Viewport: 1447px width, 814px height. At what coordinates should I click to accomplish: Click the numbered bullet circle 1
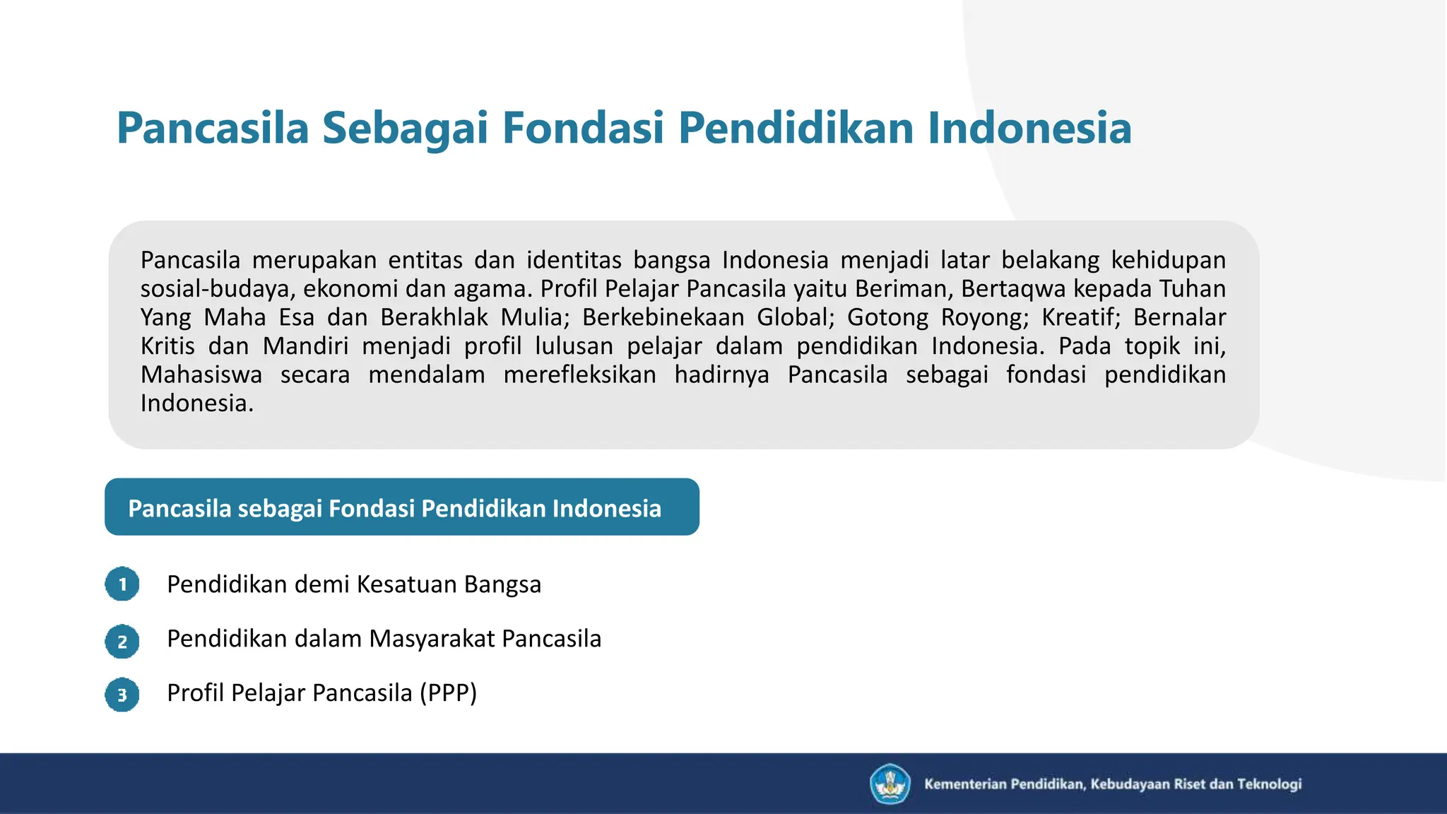click(x=122, y=584)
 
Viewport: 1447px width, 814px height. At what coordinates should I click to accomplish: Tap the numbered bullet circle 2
click(x=122, y=642)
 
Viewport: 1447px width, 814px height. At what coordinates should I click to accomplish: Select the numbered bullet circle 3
click(x=122, y=695)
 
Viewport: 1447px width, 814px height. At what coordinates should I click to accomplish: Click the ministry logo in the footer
click(x=890, y=784)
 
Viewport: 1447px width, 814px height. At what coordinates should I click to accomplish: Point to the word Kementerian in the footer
click(x=965, y=784)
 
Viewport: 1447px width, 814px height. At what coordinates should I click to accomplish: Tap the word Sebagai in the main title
click(x=405, y=128)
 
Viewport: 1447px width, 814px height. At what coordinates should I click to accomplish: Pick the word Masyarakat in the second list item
click(x=432, y=639)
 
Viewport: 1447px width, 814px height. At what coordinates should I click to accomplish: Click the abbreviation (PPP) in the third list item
click(x=448, y=693)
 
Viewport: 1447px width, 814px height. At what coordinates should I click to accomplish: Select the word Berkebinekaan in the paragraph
click(x=663, y=317)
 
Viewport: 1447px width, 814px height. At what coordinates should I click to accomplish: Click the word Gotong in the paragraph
click(x=887, y=317)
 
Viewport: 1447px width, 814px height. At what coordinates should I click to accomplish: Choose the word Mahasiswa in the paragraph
click(x=201, y=374)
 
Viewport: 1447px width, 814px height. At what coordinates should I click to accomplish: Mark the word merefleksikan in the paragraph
click(x=579, y=374)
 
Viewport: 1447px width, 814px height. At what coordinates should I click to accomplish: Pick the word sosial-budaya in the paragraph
click(x=215, y=289)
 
